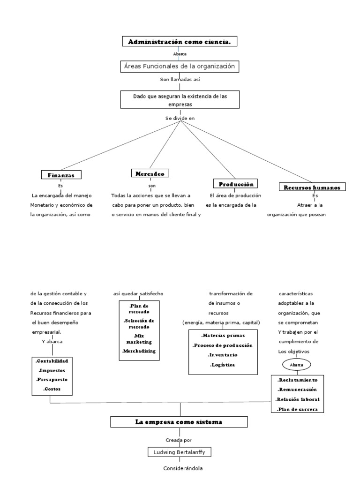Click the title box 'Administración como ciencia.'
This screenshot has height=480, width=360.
[180, 42]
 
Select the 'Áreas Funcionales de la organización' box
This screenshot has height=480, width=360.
[180, 67]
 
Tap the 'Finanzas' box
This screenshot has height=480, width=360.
[61, 175]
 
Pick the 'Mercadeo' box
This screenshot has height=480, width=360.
[150, 173]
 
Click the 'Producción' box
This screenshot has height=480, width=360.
[236, 184]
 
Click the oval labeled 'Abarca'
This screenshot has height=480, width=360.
[297, 364]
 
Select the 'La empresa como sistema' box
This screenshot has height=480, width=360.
[179, 422]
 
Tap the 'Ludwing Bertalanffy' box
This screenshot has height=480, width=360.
[179, 452]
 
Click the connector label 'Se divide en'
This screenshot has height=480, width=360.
[180, 118]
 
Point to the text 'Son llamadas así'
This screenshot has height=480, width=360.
[180, 80]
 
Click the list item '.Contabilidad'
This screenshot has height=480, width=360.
[52, 361]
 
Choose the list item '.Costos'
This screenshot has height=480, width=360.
[52, 389]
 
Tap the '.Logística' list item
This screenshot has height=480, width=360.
[223, 365]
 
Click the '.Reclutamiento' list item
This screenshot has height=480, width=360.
[298, 380]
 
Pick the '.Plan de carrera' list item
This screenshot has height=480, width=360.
[298, 409]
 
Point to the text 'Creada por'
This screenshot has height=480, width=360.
[179, 440]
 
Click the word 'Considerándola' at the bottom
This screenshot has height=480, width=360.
[179, 468]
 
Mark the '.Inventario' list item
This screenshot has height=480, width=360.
[223, 355]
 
